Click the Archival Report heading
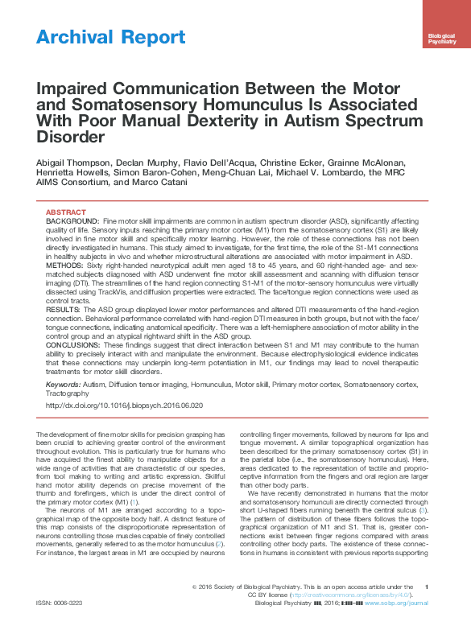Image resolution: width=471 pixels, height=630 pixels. point(111,37)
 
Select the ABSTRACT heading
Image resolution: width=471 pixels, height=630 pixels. point(67,212)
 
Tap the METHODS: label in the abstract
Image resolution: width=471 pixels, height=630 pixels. point(64,264)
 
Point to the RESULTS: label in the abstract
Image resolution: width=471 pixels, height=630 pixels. point(63,308)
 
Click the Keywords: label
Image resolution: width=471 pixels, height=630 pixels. point(64,385)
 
